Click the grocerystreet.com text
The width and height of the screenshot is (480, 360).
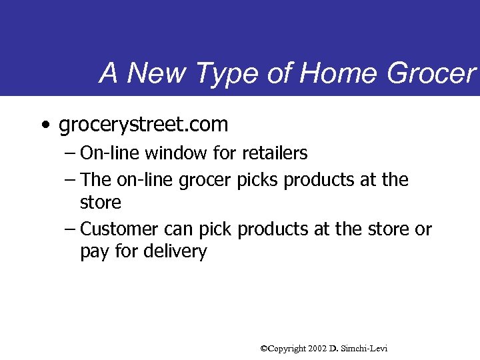tap(143, 125)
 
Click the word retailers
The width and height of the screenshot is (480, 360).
tap(275, 153)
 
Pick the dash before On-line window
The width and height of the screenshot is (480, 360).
tap(71, 154)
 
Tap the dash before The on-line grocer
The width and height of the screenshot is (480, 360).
tap(71, 181)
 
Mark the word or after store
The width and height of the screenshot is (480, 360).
tap(423, 229)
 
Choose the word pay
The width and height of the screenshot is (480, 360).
tap(94, 252)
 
